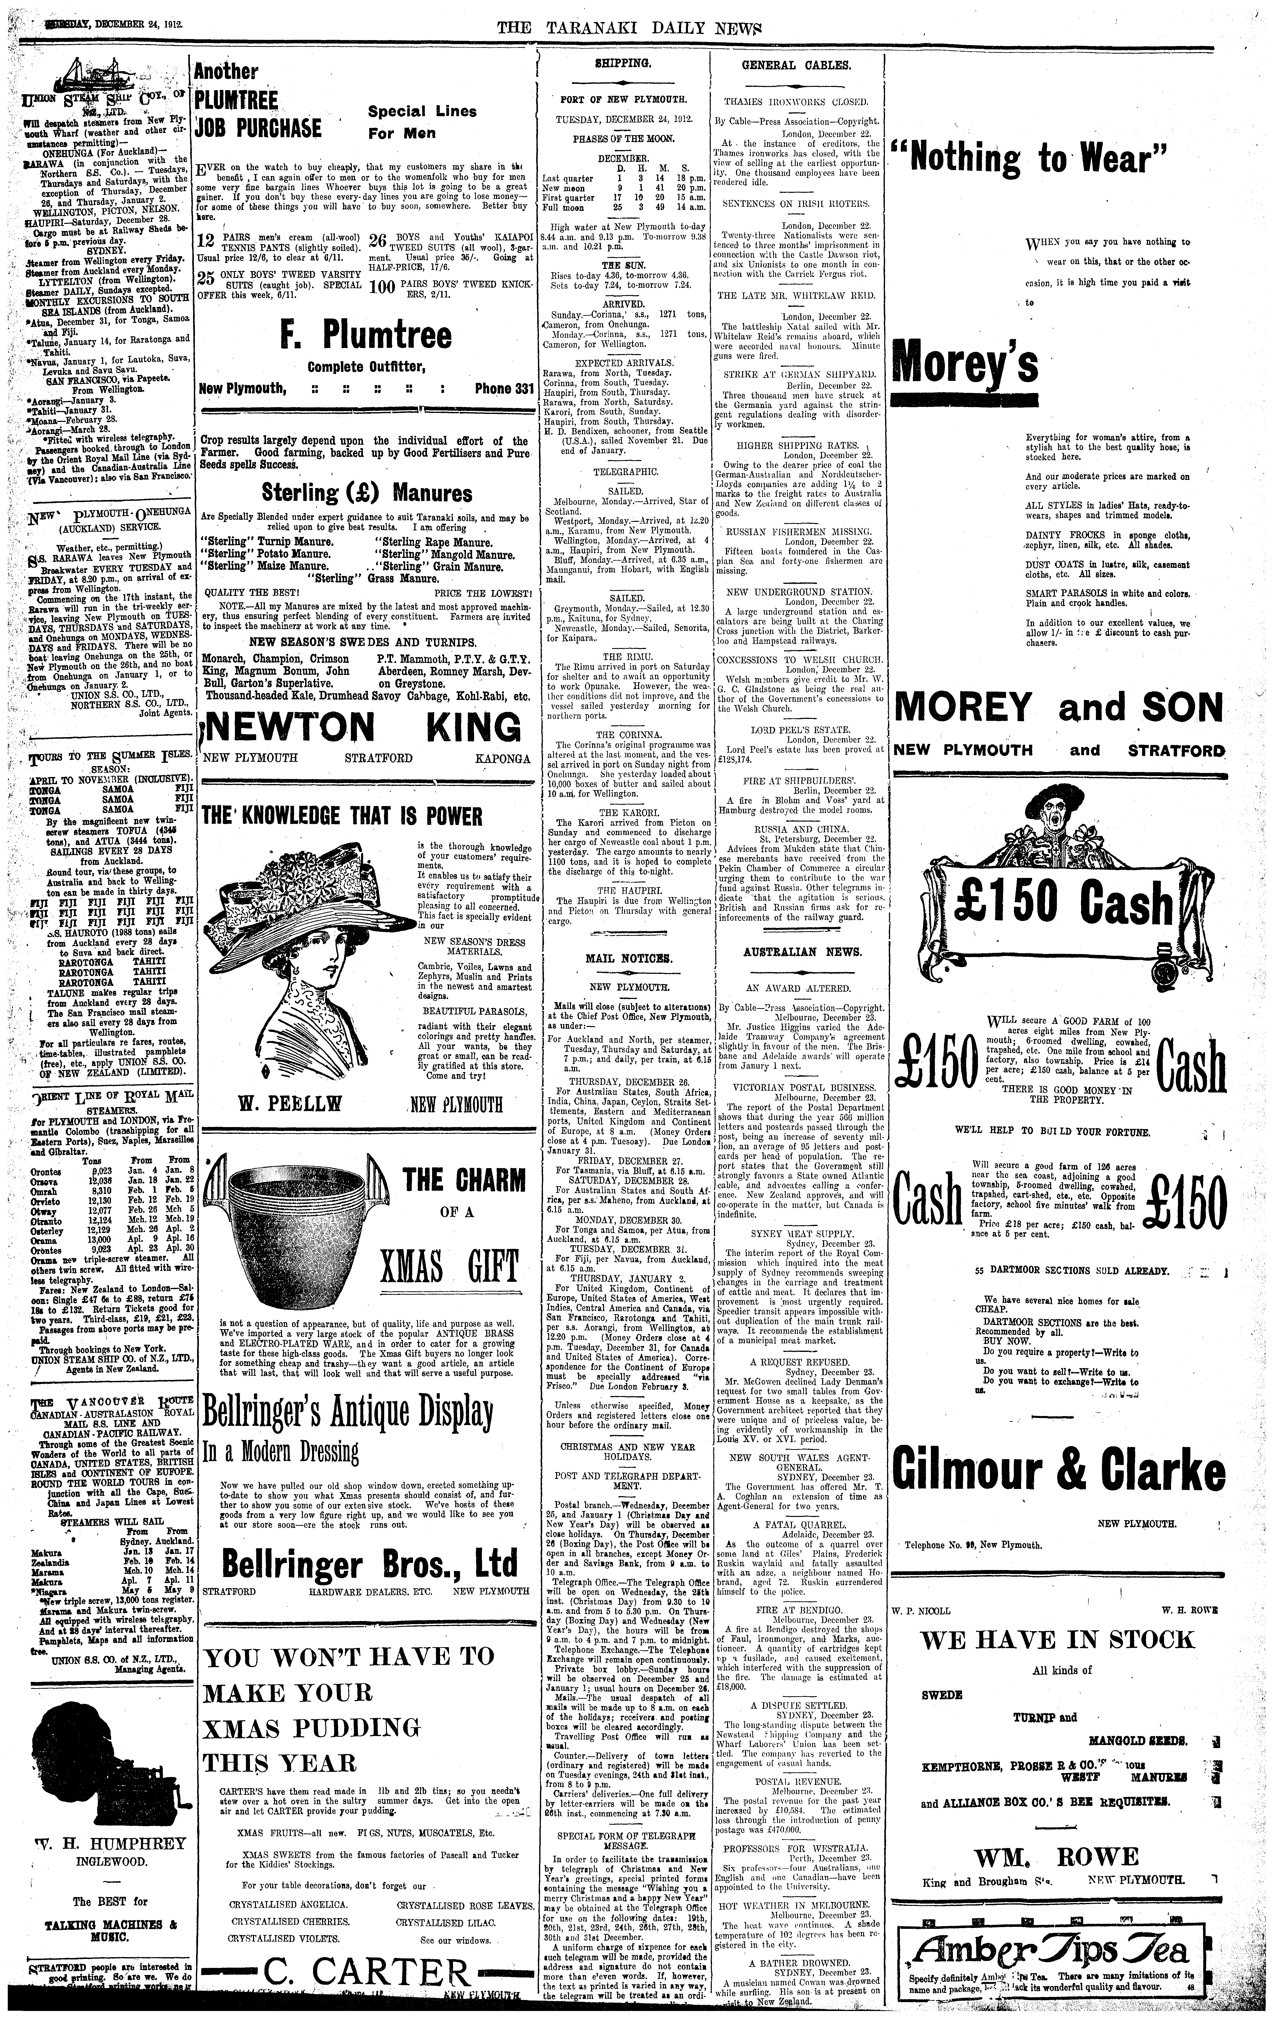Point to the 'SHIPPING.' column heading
pyautogui.click(x=623, y=64)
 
